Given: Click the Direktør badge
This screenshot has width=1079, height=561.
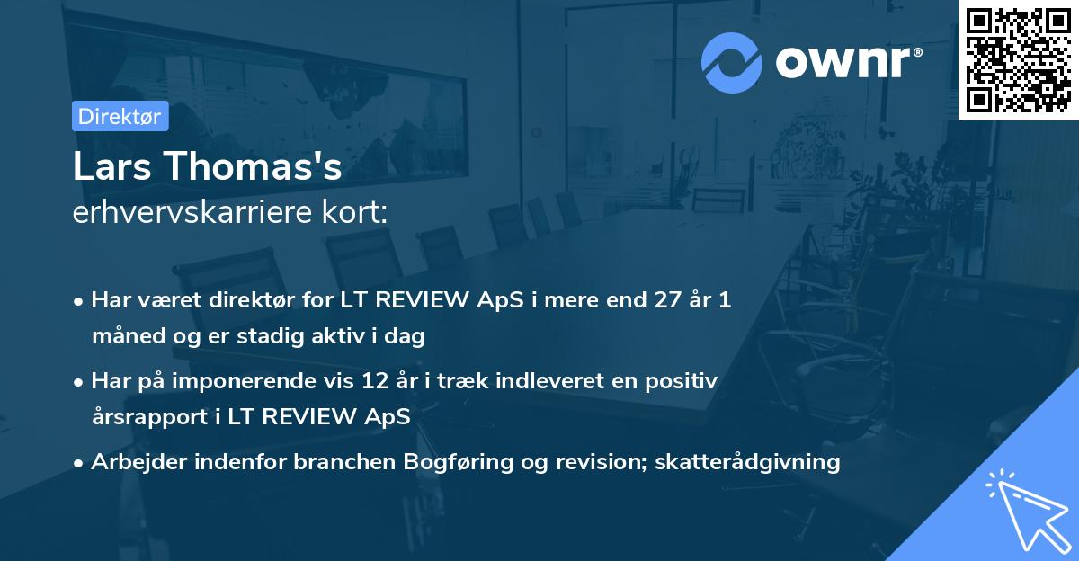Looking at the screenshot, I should (120, 116).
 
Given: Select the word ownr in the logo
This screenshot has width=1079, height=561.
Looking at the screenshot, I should (847, 62).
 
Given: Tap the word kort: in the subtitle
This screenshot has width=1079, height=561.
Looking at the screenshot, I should (361, 213).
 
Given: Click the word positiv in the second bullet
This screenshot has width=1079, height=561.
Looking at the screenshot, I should (685, 381).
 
